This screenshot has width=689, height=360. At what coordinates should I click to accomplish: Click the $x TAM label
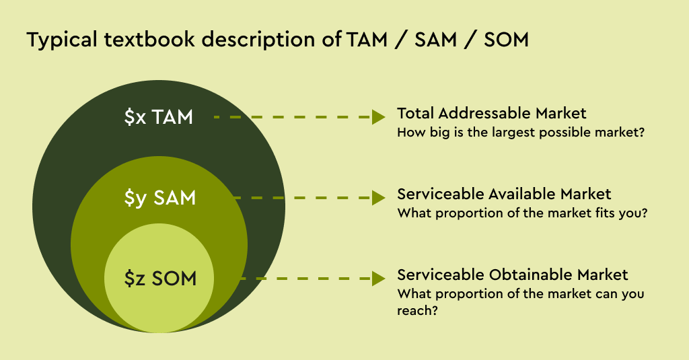point(159,117)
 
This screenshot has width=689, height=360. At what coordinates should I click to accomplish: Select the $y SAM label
point(160,198)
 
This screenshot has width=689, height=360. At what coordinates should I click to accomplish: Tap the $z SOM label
point(160,278)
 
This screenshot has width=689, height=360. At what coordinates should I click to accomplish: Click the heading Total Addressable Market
point(492,113)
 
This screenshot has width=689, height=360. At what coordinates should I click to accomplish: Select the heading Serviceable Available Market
point(504,194)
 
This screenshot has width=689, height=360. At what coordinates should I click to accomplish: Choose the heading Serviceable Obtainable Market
point(512,275)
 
